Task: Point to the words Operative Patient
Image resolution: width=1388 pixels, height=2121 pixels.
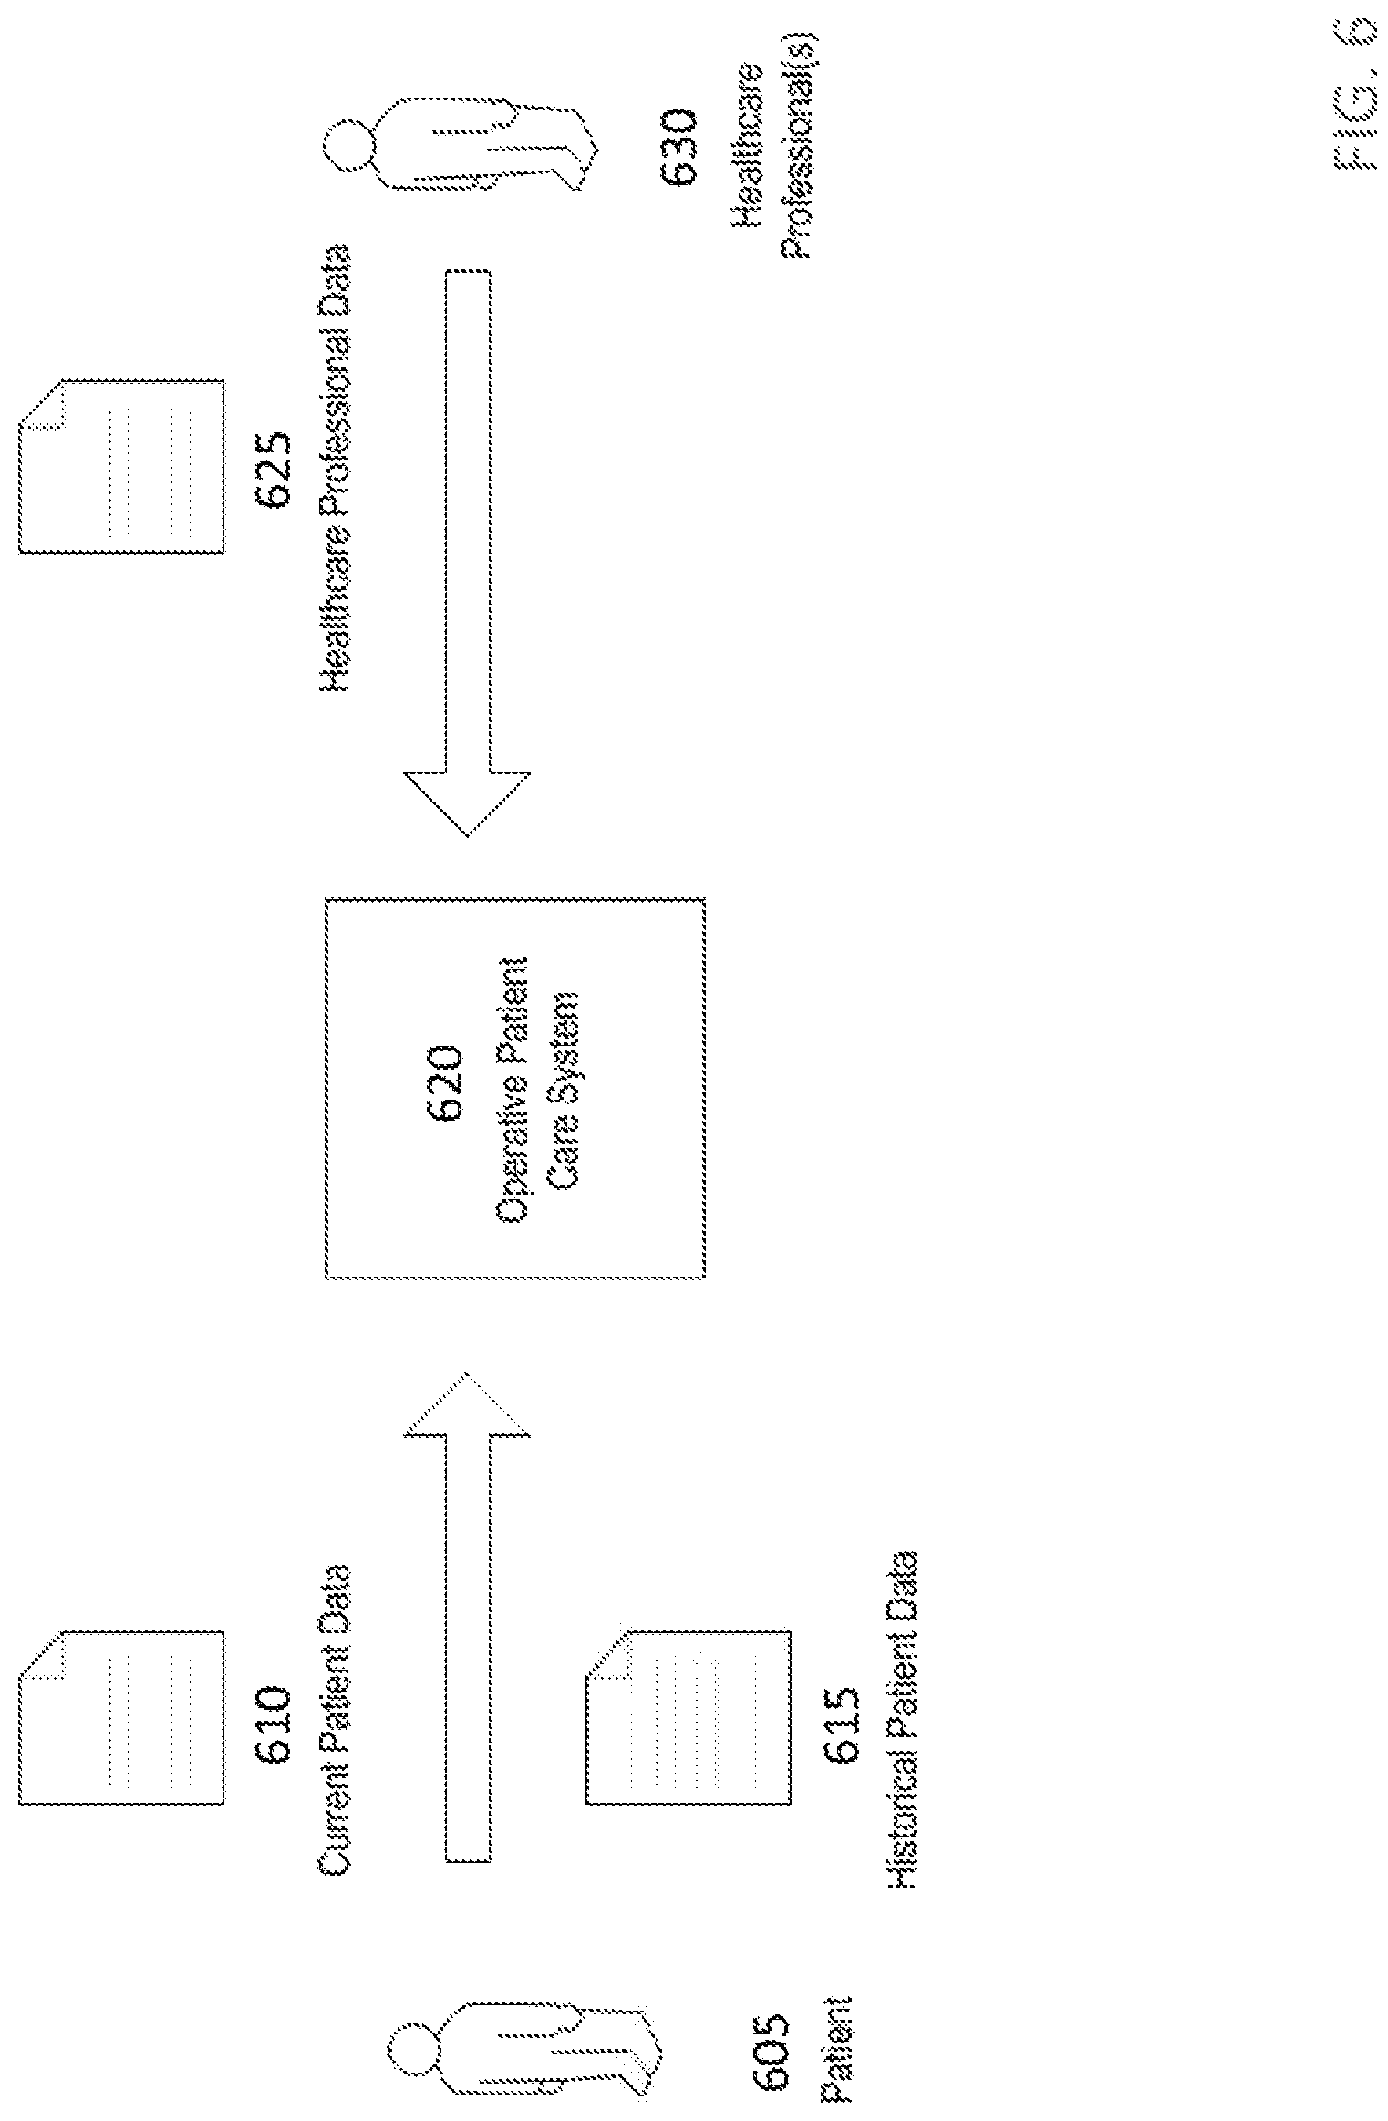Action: [512, 1088]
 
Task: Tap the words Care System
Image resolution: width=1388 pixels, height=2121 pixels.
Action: [563, 1089]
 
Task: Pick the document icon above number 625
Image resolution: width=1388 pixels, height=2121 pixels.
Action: [121, 465]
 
